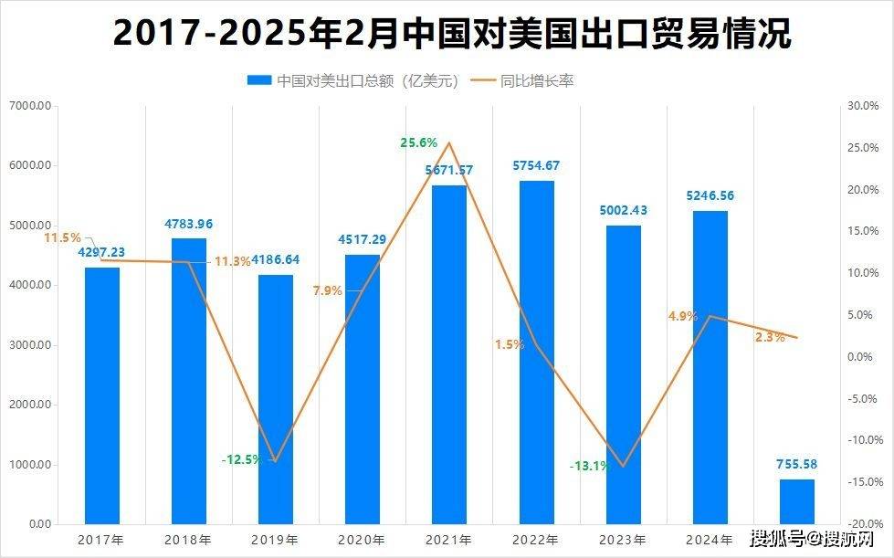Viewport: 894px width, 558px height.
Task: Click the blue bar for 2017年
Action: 101,395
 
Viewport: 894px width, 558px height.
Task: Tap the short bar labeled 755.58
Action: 796,501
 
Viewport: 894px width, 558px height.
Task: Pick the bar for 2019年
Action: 275,399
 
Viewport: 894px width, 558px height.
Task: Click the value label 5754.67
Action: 536,165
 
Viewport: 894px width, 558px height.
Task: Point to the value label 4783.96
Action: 189,224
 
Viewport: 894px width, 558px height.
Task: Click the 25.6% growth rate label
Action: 419,142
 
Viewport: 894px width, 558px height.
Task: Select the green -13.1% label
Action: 589,466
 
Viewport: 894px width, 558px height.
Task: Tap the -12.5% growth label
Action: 241,458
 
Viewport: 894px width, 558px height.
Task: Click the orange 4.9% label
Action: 683,316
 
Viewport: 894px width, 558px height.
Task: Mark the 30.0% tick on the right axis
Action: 863,106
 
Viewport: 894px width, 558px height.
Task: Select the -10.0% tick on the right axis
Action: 863,439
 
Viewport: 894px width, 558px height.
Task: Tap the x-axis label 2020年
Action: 363,540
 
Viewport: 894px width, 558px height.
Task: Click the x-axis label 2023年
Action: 623,540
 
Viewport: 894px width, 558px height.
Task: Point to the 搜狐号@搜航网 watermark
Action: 812,537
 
